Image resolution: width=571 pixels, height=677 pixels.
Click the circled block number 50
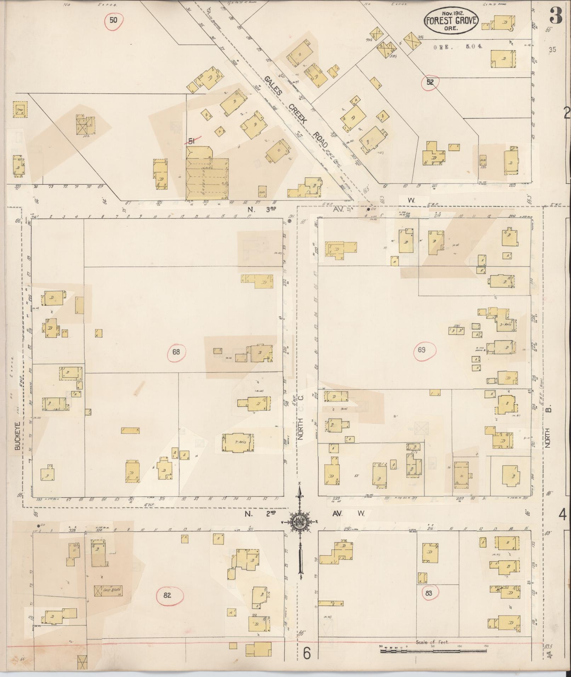tap(113, 20)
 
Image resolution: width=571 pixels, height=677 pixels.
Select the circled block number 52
tap(430, 82)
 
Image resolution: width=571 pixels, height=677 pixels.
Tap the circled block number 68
tap(176, 352)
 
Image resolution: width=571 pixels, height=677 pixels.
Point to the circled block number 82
tap(167, 595)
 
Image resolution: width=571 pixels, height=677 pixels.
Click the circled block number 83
tap(429, 593)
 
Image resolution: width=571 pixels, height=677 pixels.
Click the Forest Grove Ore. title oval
tap(451, 21)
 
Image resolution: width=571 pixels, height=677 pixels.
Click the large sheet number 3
tap(556, 16)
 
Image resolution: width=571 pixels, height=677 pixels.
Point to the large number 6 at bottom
tap(307, 653)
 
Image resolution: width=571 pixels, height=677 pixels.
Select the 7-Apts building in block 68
tap(238, 442)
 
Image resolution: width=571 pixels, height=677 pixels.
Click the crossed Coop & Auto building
tap(108, 590)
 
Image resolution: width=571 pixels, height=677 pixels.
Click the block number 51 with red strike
tap(192, 141)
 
